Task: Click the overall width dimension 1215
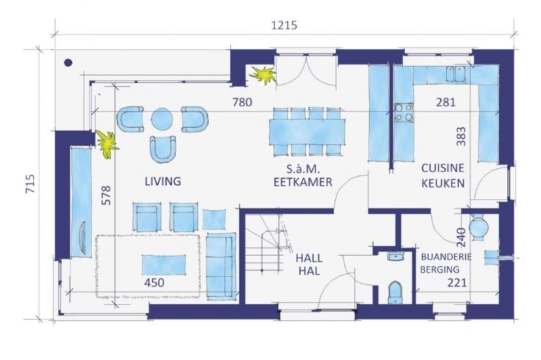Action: (284, 25)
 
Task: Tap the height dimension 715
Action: (30, 184)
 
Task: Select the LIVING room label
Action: (163, 181)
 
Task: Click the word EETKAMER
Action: (303, 182)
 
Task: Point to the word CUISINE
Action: (443, 168)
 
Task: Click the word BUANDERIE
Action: (446, 257)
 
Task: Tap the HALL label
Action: (309, 259)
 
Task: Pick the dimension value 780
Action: (242, 102)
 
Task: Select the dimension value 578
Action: (107, 195)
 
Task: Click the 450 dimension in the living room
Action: (154, 283)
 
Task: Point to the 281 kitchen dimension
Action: (445, 102)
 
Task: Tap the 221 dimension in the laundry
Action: (457, 283)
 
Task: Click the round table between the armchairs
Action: (162, 118)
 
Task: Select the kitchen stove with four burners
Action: (404, 112)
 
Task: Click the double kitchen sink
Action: (456, 74)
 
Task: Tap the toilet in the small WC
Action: (395, 292)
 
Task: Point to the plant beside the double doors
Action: (263, 75)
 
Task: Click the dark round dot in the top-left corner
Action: (68, 62)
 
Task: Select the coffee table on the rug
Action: (163, 264)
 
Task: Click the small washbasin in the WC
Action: (395, 256)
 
